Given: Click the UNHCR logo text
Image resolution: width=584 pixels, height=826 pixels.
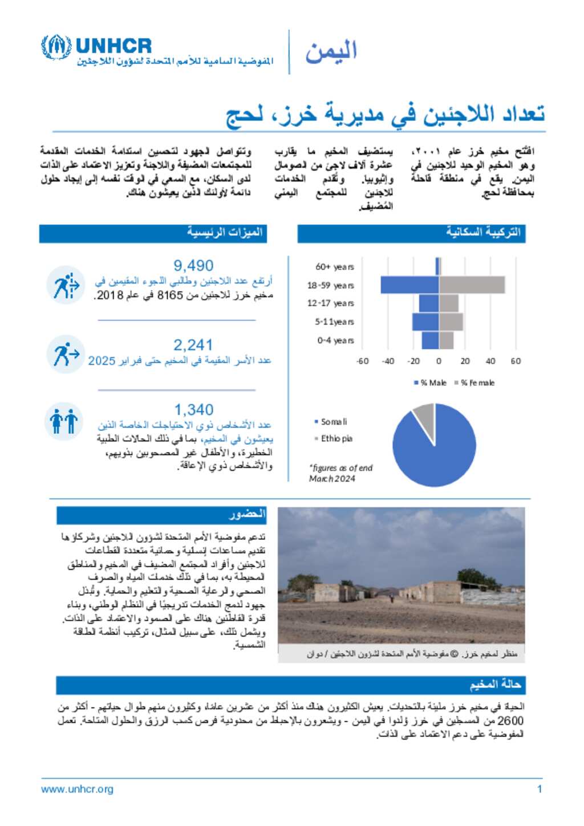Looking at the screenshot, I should pyautogui.click(x=113, y=46).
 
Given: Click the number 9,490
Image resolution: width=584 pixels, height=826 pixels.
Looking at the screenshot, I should pyautogui.click(x=193, y=266).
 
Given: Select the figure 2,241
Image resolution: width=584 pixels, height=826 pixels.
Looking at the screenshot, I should pyautogui.click(x=193, y=345).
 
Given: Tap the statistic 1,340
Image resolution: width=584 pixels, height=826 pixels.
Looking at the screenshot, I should pyautogui.click(x=193, y=410).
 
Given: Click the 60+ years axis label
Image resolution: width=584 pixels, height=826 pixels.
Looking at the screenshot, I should pyautogui.click(x=335, y=267).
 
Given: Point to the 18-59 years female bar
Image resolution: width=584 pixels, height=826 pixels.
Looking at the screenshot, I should pyautogui.click(x=472, y=285).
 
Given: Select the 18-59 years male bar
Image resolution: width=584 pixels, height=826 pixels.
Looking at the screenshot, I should pyautogui.click(x=409, y=285).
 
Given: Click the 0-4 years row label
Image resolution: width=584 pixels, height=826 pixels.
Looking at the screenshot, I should pyautogui.click(x=335, y=340).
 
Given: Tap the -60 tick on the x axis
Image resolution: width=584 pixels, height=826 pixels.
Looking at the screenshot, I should pyautogui.click(x=362, y=361).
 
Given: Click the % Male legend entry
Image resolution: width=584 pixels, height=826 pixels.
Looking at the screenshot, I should pyautogui.click(x=431, y=383).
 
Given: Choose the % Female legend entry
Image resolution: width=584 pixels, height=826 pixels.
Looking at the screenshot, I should pyautogui.click(x=474, y=383).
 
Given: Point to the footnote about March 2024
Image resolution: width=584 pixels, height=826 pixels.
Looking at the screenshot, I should pyautogui.click(x=340, y=473).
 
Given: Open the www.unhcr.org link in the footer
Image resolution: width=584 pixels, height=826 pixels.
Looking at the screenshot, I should pyautogui.click(x=77, y=789).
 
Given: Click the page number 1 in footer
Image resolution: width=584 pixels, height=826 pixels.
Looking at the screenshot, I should pyautogui.click(x=539, y=789).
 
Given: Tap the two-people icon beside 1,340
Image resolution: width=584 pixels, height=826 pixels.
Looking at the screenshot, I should pyautogui.click(x=64, y=422).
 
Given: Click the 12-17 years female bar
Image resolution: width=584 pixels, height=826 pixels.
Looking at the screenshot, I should pyautogui.click(x=449, y=303).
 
